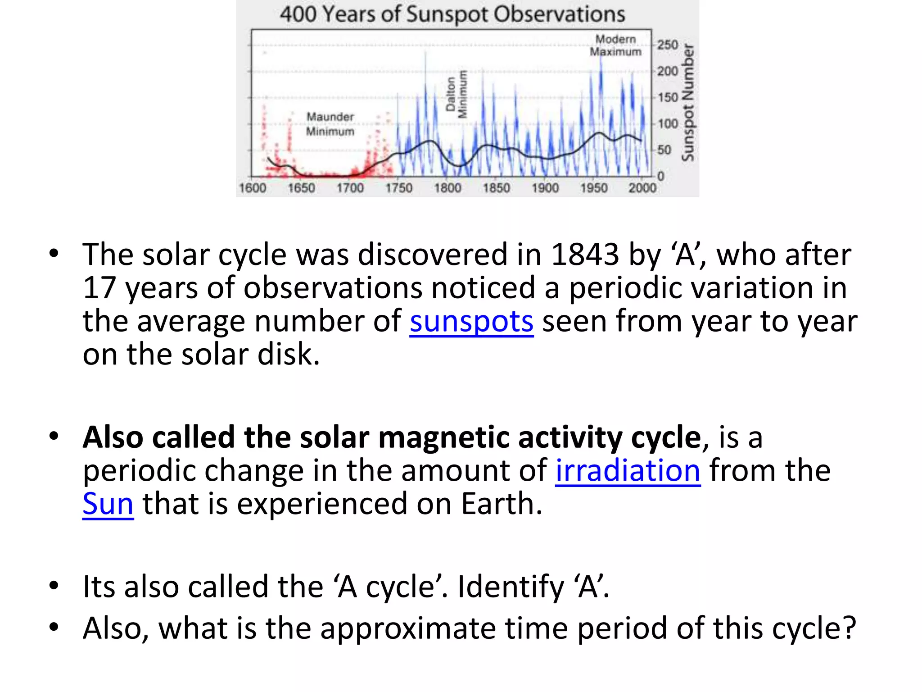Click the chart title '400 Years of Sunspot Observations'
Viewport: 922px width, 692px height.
pyautogui.click(x=452, y=14)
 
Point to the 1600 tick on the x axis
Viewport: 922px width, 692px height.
pyautogui.click(x=253, y=187)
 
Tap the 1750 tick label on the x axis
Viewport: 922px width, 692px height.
pyautogui.click(x=399, y=187)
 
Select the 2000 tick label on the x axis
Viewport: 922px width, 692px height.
pyautogui.click(x=642, y=187)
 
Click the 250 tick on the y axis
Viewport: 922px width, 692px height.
pyautogui.click(x=668, y=45)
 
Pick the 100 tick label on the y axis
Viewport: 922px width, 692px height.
pyautogui.click(x=668, y=123)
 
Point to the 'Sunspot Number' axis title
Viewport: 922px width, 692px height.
pyautogui.click(x=687, y=103)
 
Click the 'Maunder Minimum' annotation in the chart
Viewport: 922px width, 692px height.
pyautogui.click(x=330, y=124)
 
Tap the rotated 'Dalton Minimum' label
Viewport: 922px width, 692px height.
pyautogui.click(x=456, y=94)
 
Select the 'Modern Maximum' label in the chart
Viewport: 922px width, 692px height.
pyautogui.click(x=615, y=46)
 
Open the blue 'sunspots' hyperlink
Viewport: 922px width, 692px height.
pyautogui.click(x=471, y=321)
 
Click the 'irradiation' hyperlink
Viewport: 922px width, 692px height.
pyautogui.click(x=628, y=470)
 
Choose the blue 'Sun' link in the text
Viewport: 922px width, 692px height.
pyautogui.click(x=108, y=504)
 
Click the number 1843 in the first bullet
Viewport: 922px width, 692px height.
pyautogui.click(x=585, y=255)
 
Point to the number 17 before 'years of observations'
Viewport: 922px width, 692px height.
pyautogui.click(x=99, y=288)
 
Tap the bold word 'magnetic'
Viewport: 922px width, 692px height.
pyautogui.click(x=443, y=437)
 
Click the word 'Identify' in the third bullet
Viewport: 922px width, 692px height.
pyautogui.click(x=511, y=587)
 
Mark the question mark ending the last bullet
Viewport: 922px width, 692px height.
pyautogui.click(x=849, y=628)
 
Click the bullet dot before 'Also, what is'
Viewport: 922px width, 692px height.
pyautogui.click(x=54, y=627)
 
